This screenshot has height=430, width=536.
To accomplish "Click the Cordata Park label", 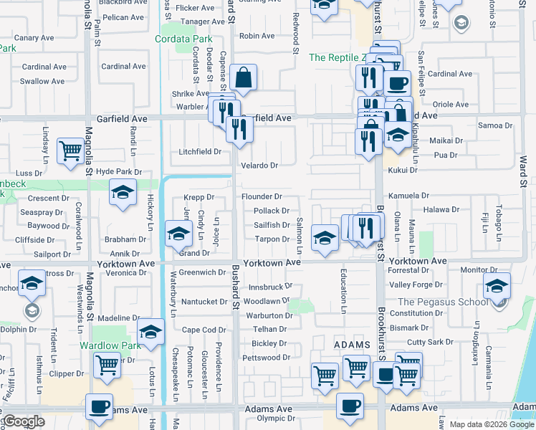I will (186, 39).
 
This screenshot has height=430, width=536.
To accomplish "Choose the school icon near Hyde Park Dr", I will (123, 193).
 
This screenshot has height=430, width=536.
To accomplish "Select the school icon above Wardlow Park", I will (150, 332).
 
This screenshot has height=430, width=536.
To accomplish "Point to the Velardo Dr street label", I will (259, 166).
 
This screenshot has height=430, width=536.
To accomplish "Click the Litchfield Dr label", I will (200, 152).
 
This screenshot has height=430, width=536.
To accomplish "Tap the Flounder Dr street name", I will (262, 196).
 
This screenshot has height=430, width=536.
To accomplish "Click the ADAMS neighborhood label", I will (352, 345).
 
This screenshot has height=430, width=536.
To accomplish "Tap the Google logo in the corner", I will (23, 422).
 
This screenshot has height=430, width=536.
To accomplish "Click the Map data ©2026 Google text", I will (491, 424).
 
